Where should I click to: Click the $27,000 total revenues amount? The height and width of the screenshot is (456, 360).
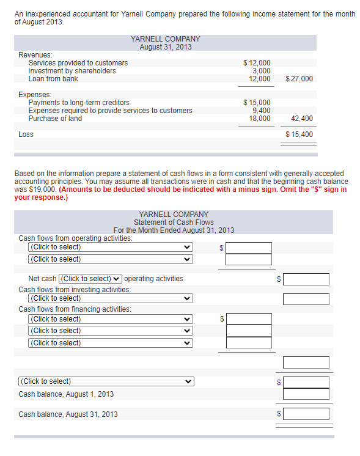tap(299, 79)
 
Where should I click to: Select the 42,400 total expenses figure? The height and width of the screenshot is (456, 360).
tap(302, 119)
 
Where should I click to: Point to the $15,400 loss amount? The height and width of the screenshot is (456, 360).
tap(299, 134)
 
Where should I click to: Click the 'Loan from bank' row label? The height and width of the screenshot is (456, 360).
tap(53, 79)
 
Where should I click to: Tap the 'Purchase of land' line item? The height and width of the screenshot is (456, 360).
tap(55, 119)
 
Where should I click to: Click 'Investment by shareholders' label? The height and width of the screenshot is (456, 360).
tap(72, 71)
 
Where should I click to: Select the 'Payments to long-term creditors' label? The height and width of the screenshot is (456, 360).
tap(79, 103)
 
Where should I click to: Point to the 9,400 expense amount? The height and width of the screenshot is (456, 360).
tap(261, 111)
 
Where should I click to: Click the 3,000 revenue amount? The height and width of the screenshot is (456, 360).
tap(261, 71)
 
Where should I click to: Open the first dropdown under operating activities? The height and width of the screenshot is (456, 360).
tap(110, 248)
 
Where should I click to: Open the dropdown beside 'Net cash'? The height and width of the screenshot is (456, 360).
tap(90, 279)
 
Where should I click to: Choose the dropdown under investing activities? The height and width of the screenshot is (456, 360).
tap(110, 298)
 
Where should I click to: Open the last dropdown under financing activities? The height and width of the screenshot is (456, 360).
tap(110, 343)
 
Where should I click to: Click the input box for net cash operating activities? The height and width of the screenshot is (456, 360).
tap(306, 279)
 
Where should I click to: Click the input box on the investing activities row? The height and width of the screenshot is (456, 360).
tap(306, 299)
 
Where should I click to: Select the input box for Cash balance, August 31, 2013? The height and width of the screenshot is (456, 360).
tap(306, 414)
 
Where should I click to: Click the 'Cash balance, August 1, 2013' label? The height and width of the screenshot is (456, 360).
tap(66, 394)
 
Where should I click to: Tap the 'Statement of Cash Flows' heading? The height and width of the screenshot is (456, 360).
tap(174, 222)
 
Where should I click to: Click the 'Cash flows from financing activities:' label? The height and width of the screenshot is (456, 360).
tap(75, 309)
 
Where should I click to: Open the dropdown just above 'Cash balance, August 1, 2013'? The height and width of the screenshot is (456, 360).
tap(106, 381)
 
